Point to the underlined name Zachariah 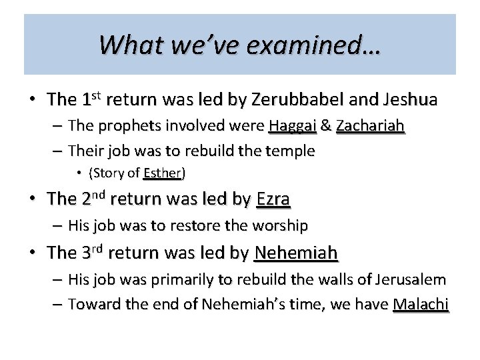point(371,125)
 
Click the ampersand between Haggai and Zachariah point(327,125)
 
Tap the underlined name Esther point(163,173)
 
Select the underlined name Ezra point(273,199)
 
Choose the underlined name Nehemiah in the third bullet point(296,253)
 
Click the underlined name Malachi point(421,305)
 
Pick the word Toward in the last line point(91,305)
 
